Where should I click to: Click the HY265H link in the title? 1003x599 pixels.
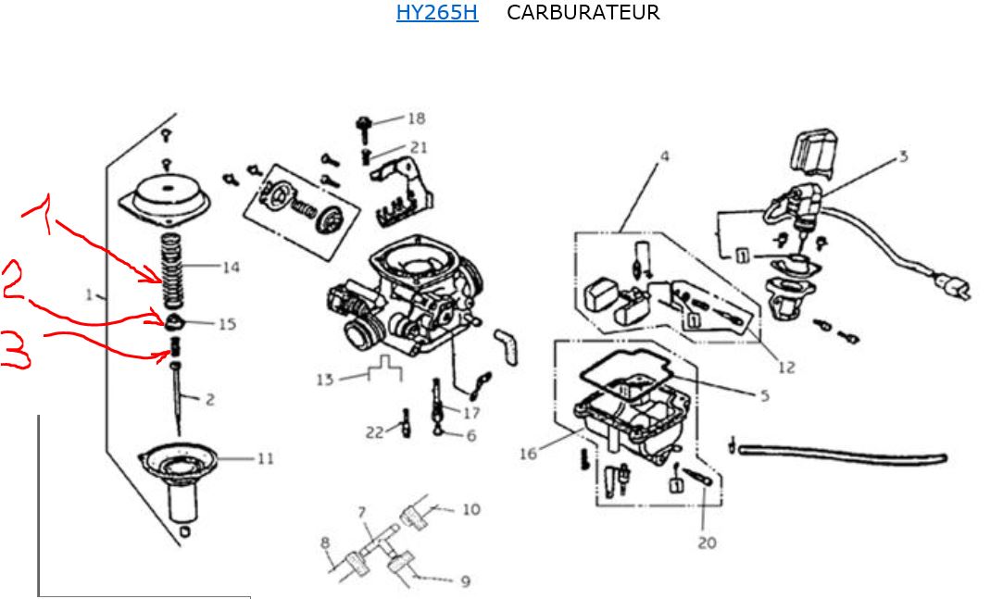(436, 13)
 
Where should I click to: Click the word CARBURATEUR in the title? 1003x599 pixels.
(583, 13)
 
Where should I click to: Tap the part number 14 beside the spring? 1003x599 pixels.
(231, 268)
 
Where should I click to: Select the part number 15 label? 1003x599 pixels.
(227, 324)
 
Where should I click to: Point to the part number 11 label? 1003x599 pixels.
(266, 458)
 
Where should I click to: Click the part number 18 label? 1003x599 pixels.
(416, 119)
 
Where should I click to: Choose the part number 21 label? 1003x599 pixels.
(419, 147)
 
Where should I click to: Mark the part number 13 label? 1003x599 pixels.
(324, 380)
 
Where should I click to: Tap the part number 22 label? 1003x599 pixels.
(374, 432)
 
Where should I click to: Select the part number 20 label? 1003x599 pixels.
(707, 543)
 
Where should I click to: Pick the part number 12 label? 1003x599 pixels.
(786, 368)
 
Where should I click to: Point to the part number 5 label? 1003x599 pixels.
(764, 396)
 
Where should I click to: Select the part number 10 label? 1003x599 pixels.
(471, 509)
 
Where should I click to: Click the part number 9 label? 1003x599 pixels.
(465, 581)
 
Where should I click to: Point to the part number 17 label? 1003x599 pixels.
(472, 413)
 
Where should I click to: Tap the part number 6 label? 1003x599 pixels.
(471, 435)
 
